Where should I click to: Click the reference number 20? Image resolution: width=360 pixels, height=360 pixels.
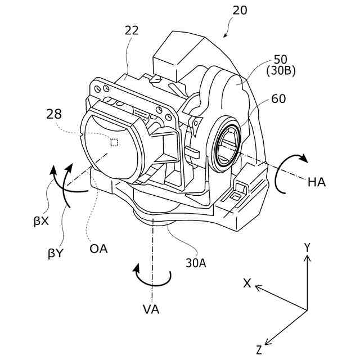(238, 11)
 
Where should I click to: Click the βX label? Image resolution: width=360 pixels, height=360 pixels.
(40, 221)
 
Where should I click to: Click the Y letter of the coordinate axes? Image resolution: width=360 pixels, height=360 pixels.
(307, 246)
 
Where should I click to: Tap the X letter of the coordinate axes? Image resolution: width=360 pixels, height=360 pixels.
(246, 283)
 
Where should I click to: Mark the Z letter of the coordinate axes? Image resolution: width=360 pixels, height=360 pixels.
(259, 350)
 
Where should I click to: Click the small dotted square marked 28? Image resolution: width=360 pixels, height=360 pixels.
(114, 142)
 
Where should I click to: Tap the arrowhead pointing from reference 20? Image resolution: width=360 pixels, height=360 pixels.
(226, 36)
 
